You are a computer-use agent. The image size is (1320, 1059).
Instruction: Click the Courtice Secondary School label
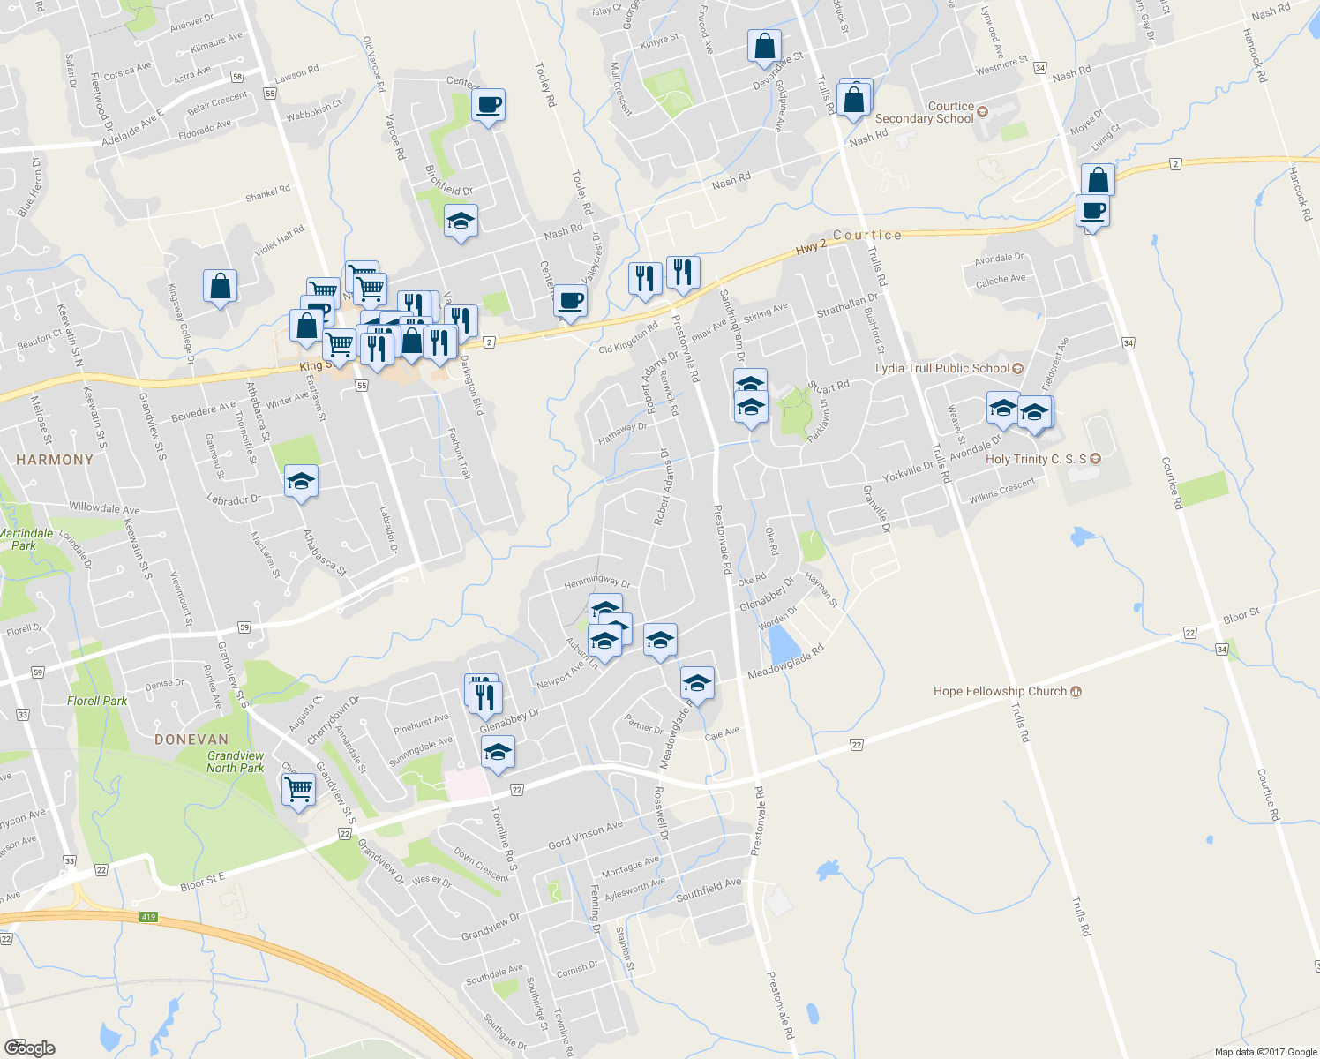pyautogui.click(x=925, y=112)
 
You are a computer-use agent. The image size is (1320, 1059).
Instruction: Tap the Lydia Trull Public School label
pyautogui.click(x=942, y=368)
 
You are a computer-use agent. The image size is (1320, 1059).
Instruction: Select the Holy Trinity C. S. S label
pyautogui.click(x=1036, y=459)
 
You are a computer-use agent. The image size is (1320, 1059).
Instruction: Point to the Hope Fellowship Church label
pyautogui.click(x=1000, y=691)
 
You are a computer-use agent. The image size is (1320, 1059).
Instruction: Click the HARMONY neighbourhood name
pyautogui.click(x=55, y=459)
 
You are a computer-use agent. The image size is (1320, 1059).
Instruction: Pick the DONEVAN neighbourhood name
pyautogui.click(x=191, y=740)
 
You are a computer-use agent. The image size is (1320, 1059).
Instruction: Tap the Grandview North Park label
pyautogui.click(x=236, y=762)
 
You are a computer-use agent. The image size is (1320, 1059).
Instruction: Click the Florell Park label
pyautogui.click(x=97, y=701)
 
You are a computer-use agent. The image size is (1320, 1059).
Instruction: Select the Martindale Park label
pyautogui.click(x=26, y=539)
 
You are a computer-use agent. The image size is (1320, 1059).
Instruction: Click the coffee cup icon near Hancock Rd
pyautogui.click(x=1092, y=212)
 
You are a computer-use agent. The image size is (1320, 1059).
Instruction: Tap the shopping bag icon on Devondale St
pyautogui.click(x=764, y=46)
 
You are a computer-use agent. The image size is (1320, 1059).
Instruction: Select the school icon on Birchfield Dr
pyautogui.click(x=461, y=221)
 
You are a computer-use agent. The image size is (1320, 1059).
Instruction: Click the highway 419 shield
pyautogui.click(x=148, y=917)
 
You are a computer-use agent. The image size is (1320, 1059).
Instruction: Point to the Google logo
pyautogui.click(x=30, y=1048)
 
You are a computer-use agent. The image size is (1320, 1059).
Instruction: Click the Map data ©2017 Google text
pyautogui.click(x=1265, y=1052)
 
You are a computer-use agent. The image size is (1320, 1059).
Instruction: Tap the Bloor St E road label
pyautogui.click(x=203, y=881)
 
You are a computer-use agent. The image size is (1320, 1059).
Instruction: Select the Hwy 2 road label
pyautogui.click(x=812, y=248)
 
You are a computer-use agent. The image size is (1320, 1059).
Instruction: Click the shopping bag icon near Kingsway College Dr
pyautogui.click(x=220, y=287)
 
